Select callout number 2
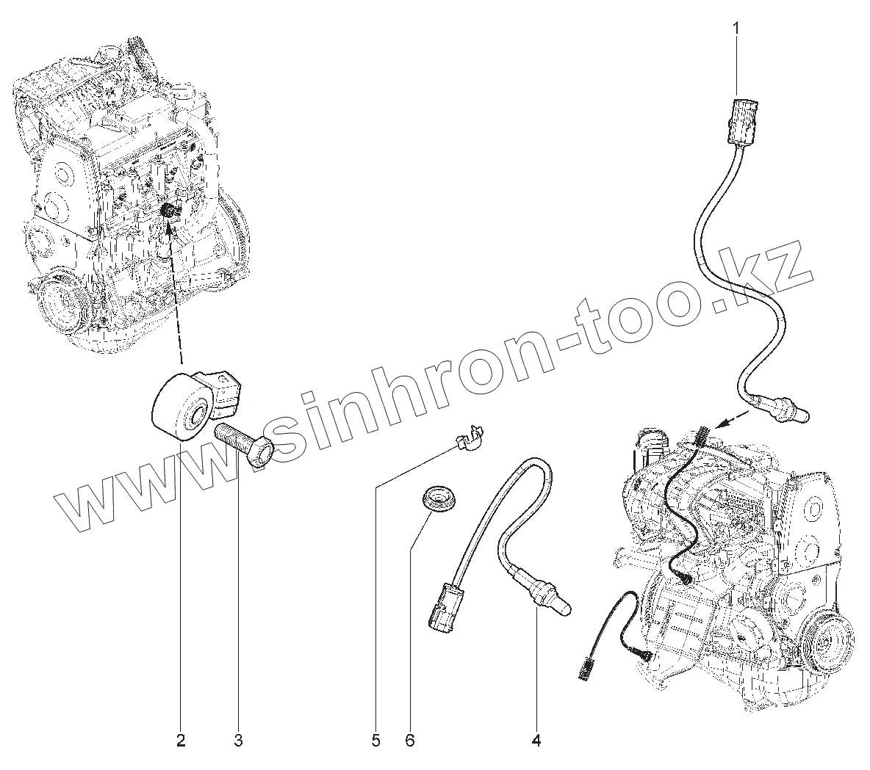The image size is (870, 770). (x=181, y=741)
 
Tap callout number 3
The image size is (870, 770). (x=238, y=741)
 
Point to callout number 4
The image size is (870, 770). (x=536, y=741)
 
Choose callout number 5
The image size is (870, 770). (x=375, y=741)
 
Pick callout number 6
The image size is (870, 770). (x=410, y=741)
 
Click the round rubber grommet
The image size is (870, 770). (x=439, y=498)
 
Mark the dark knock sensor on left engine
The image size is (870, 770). (x=168, y=211)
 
